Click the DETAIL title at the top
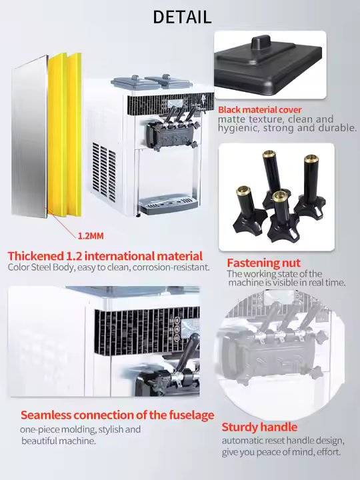pyautogui.click(x=182, y=17)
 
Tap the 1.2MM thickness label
pyautogui.click(x=91, y=236)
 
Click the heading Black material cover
pyautogui.click(x=260, y=109)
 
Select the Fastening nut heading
pyautogui.click(x=263, y=263)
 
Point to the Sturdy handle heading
pyautogui.click(x=259, y=427)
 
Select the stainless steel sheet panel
pyautogui.click(x=30, y=136)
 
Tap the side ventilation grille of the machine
pyautogui.click(x=104, y=172)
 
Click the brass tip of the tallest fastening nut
pyautogui.click(x=269, y=153)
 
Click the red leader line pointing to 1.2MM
pyautogui.click(x=61, y=223)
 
